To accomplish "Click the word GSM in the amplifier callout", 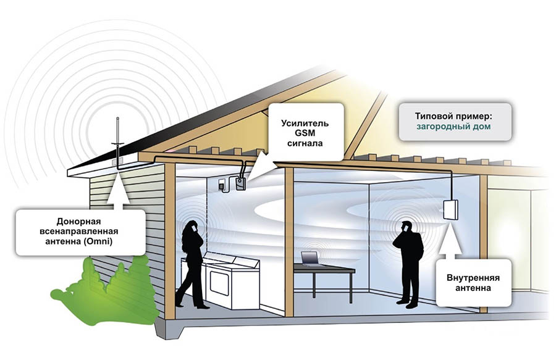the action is pos(305,133).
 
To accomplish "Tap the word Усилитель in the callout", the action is pos(305,123).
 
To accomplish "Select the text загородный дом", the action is pos(453,127).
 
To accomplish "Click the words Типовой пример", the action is pos(454,116).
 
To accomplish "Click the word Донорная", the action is pos(78,222).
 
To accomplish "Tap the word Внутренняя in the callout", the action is pos(473,277).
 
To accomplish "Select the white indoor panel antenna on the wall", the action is pos(450,209).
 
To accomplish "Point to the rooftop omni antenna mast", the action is pos(118,142).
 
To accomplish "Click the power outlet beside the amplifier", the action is pos(222,185).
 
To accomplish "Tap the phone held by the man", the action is pos(404,228).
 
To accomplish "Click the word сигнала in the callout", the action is pos(305,143).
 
